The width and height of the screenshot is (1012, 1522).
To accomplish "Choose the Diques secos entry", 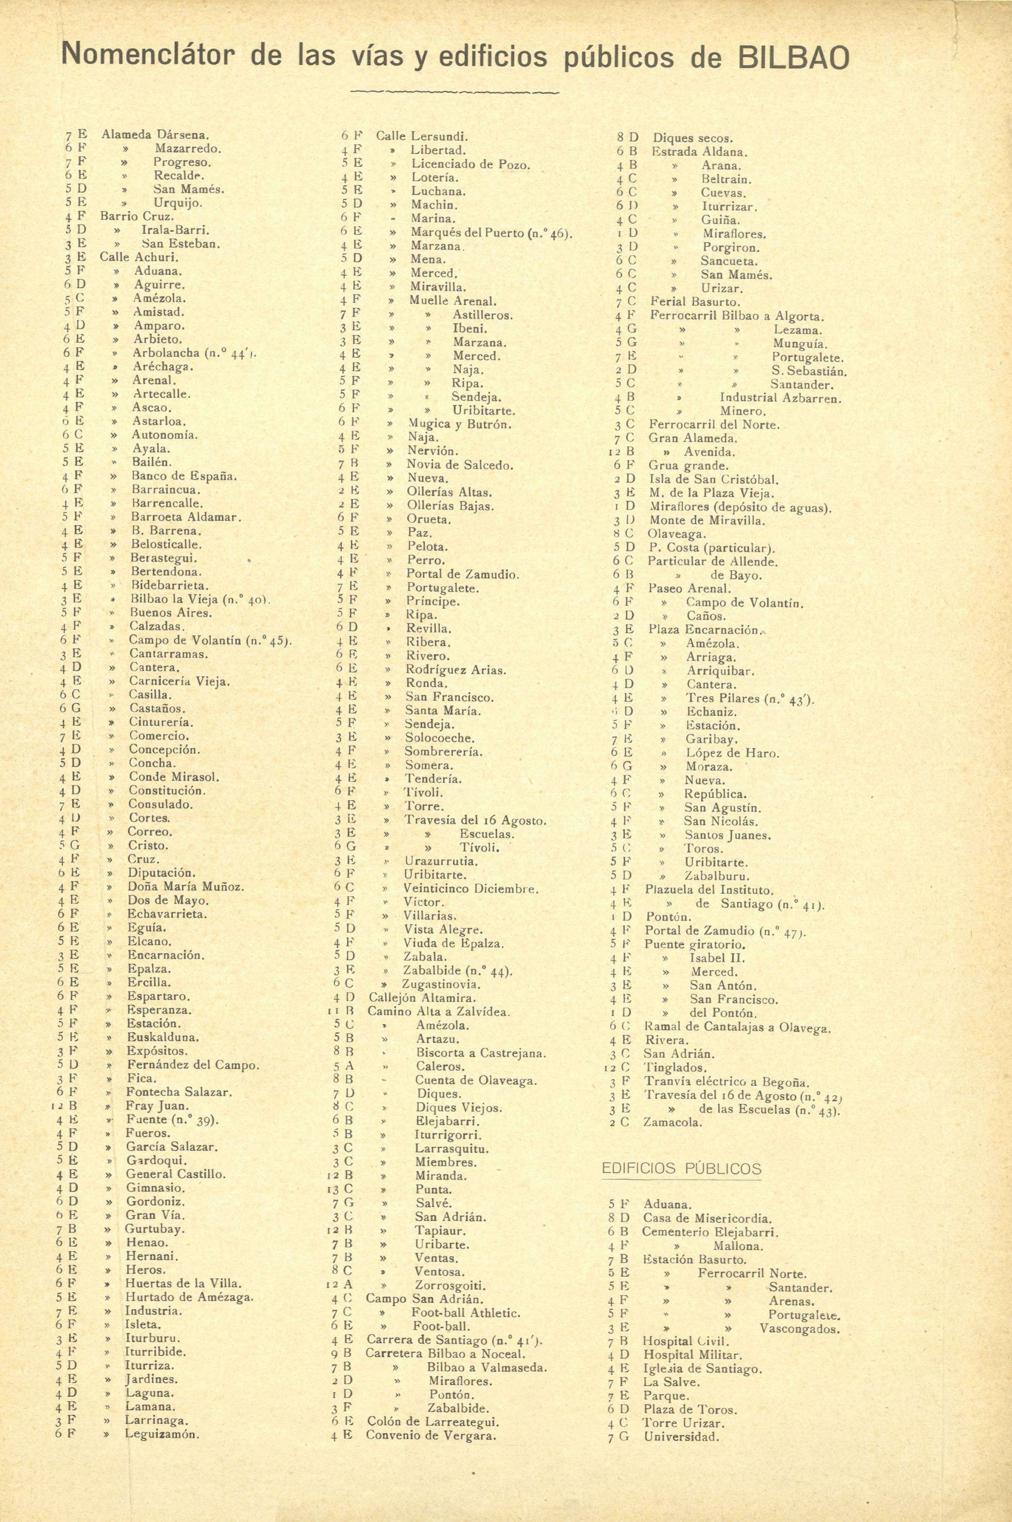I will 693,137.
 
